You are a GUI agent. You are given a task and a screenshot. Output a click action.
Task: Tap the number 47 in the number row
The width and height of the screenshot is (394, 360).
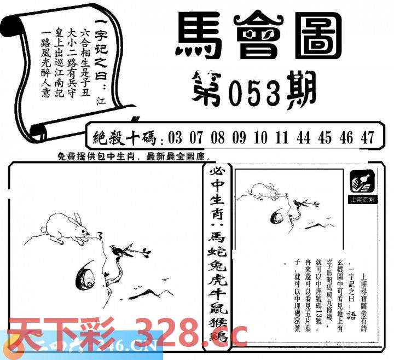point(367,137)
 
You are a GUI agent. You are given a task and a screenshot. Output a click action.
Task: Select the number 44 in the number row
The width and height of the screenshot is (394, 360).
point(304,137)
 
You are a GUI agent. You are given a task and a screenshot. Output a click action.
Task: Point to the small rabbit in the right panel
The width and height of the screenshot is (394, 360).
point(265,191)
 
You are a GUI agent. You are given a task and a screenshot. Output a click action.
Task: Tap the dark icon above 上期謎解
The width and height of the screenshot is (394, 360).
point(362,181)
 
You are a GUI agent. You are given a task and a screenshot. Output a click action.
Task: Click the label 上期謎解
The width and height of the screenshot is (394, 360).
point(362,200)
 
